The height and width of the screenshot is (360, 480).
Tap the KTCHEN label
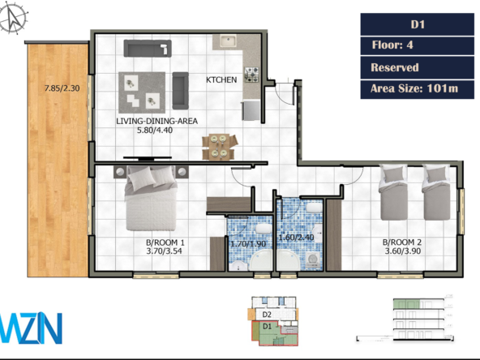click(x=221, y=79)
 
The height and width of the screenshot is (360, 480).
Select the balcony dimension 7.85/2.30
click(x=62, y=88)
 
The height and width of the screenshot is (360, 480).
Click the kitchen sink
click(x=228, y=41)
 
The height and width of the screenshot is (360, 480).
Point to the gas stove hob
click(x=251, y=75)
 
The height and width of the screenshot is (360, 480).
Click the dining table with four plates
click(x=219, y=147)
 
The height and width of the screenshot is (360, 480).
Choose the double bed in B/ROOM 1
click(x=152, y=199)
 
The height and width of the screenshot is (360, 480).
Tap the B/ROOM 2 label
click(x=402, y=242)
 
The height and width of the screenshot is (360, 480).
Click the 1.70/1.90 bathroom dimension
click(x=248, y=244)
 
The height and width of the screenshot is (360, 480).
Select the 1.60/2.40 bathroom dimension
click(x=296, y=238)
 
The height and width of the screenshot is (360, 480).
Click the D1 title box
click(x=418, y=24)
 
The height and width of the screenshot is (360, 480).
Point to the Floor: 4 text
click(x=392, y=45)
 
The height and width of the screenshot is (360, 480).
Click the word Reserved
click(x=395, y=67)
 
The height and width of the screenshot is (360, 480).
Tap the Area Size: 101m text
click(x=414, y=88)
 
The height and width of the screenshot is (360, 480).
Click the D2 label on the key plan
click(x=267, y=315)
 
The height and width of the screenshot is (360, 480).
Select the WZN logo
click(x=31, y=328)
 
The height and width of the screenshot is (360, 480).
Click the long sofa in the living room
click(x=148, y=49)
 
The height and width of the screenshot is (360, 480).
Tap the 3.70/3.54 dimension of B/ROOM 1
click(x=164, y=251)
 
